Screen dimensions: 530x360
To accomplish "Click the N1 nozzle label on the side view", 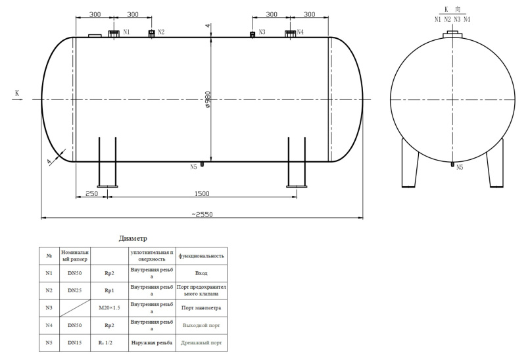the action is pos(126,32).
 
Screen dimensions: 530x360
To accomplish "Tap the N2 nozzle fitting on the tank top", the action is pos(152,33).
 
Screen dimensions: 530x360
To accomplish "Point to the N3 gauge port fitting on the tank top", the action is pos(252,34).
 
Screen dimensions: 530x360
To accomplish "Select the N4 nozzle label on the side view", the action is pos(300,32).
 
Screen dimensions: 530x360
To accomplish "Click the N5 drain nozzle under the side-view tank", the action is pos(202,164).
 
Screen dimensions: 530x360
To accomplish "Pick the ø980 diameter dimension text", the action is pos(208,99).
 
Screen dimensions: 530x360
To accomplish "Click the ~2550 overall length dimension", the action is pos(202,214).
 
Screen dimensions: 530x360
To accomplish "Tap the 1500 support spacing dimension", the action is pos(202,194).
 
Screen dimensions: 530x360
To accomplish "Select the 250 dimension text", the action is pos(91,194).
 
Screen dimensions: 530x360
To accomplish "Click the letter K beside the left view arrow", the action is pos(17,93).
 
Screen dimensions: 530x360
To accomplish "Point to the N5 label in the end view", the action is pos(460,167).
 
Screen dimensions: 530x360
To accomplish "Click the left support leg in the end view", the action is pos(410,163).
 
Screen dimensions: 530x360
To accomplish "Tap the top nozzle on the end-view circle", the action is pos(452,34).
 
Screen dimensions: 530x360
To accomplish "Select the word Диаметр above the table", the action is pos(133,238).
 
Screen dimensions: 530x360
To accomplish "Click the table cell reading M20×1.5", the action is pos(109,308).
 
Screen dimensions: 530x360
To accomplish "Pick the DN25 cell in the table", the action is pos(74,290).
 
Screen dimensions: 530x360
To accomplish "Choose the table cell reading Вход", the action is pos(201,273).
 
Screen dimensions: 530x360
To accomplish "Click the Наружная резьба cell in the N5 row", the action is pos(152,343).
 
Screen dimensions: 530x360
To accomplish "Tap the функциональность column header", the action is pos(201,256).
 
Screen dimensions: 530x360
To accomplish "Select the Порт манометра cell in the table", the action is pos(201,308).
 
